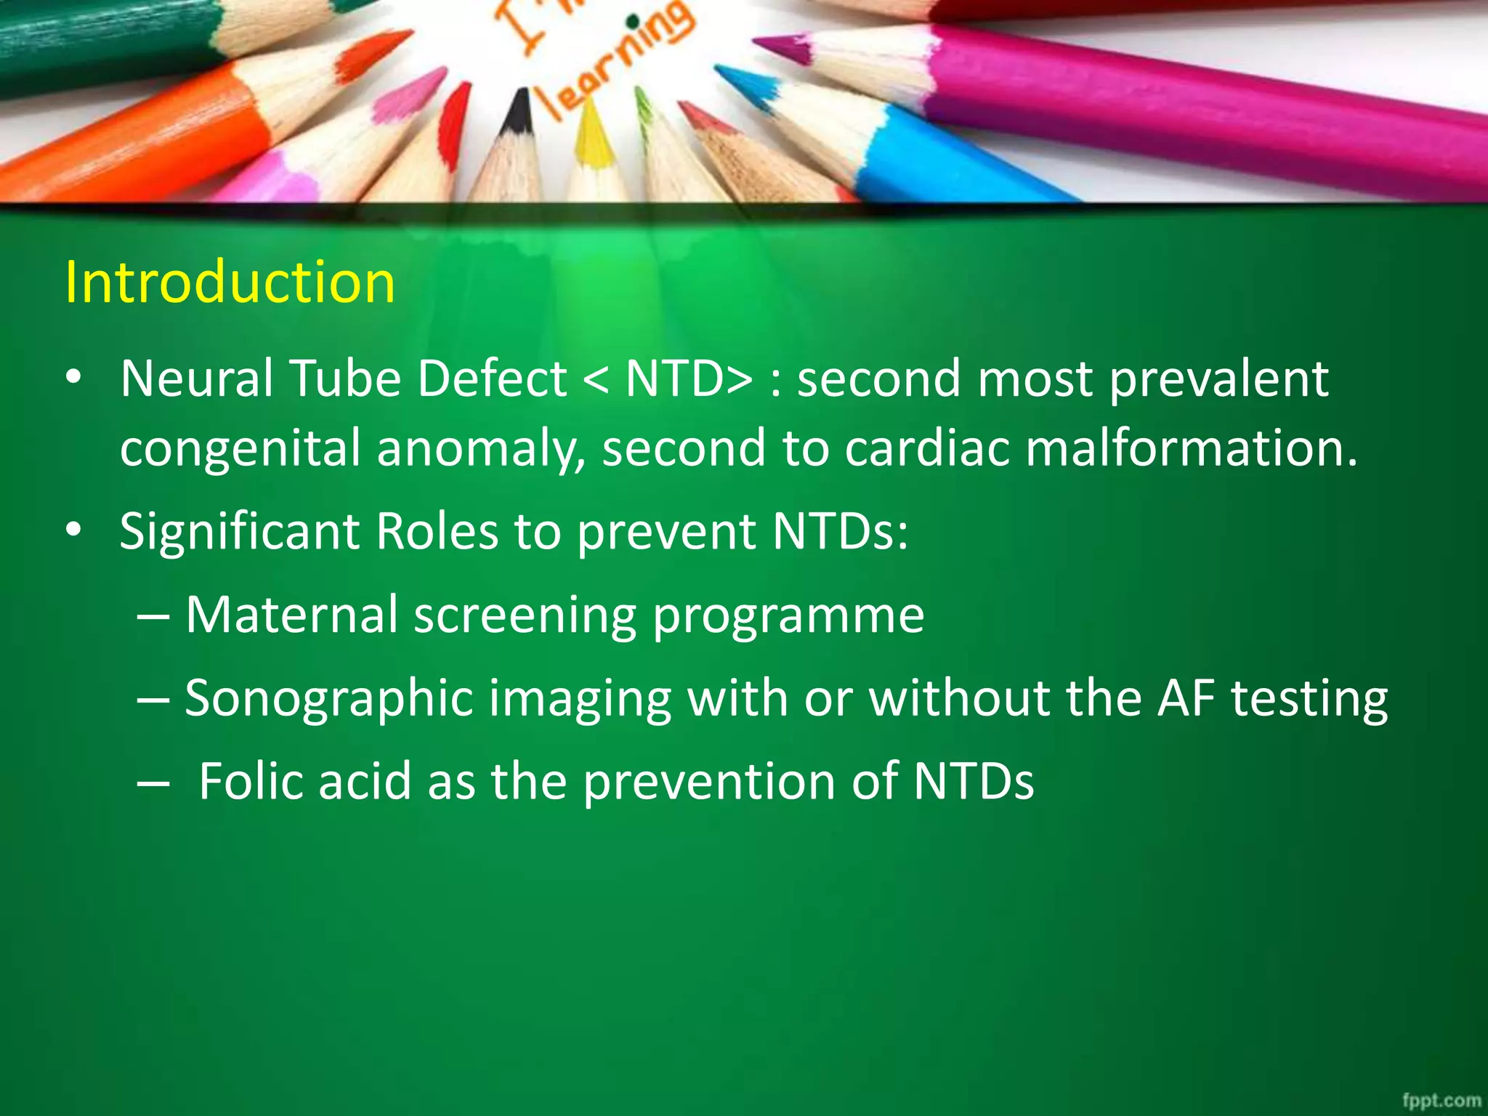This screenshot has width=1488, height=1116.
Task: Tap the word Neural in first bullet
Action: [x=196, y=379]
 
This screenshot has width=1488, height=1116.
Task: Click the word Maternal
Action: [x=291, y=615]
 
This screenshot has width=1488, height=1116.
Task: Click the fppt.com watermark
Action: [x=1441, y=1100]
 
